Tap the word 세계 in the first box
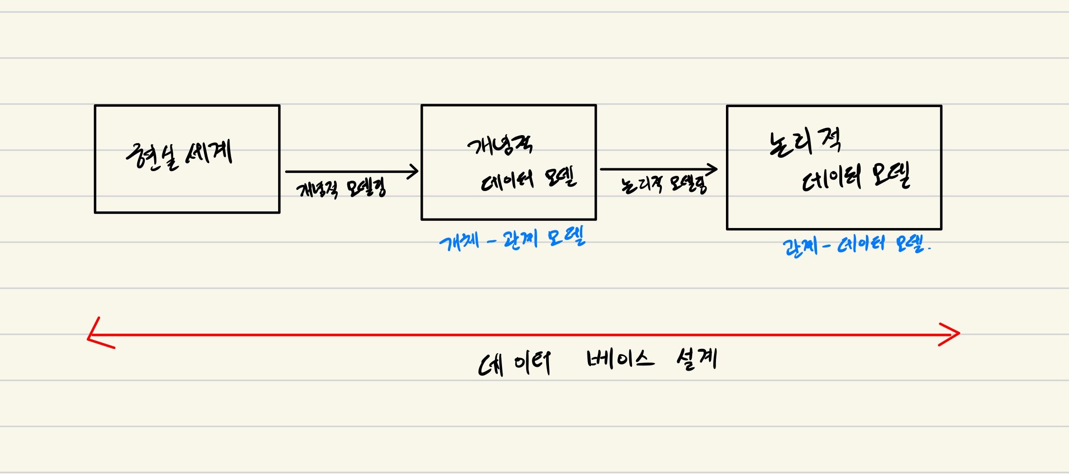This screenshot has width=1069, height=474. [x=209, y=153]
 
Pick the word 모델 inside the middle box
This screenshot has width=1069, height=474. [x=560, y=177]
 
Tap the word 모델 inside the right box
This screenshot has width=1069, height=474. [x=891, y=175]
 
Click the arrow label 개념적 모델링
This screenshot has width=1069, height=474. [x=341, y=189]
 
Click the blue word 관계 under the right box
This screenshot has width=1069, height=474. [x=800, y=246]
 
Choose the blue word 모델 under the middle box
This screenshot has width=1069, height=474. [x=567, y=237]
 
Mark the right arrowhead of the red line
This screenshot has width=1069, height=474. [x=956, y=334]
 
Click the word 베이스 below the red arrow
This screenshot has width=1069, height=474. [x=621, y=359]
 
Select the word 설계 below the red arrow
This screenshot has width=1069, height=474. [x=697, y=358]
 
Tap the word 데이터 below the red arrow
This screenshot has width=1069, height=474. [x=514, y=364]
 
